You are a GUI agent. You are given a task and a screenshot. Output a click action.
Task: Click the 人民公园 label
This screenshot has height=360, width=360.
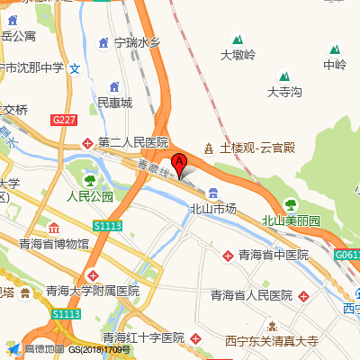(90, 196)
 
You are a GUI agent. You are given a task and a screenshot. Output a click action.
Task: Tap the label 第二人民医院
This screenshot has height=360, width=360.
(133, 142)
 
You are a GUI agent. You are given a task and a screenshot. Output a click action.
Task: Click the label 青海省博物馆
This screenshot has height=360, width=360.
(54, 243)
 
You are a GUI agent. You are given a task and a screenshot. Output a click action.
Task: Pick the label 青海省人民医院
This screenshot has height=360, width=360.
(252, 295)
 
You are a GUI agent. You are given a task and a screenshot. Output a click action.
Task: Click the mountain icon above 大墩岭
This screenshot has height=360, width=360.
(238, 40)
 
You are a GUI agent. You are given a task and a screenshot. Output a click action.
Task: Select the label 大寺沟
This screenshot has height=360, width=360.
(284, 92)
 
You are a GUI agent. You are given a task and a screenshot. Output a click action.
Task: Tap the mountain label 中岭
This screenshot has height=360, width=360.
(335, 65)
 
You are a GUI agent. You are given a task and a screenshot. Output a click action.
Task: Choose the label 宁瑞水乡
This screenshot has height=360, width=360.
(136, 41)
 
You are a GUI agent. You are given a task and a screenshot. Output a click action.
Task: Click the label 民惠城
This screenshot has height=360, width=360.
(114, 103)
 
